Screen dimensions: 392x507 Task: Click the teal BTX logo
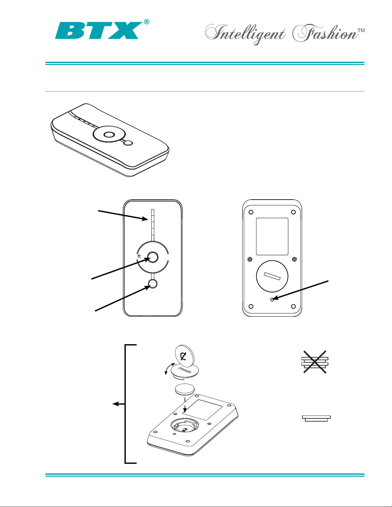99,30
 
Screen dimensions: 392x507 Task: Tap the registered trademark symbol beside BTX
147,22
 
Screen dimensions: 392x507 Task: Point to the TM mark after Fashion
361,30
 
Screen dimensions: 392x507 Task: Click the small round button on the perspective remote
128,143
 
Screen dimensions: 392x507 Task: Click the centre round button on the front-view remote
153,257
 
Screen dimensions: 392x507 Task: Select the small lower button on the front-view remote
153,284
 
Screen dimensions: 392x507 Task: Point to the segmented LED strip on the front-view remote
153,225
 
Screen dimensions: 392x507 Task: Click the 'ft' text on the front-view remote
139,256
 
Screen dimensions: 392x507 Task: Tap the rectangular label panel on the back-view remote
272,236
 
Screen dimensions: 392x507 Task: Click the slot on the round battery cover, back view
272,276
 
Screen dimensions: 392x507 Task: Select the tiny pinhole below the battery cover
272,299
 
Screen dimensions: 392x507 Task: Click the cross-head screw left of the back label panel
250,259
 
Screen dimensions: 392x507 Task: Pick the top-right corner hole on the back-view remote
293,212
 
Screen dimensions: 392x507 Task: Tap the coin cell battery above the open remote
185,390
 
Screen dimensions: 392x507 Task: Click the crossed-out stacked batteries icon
315,362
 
